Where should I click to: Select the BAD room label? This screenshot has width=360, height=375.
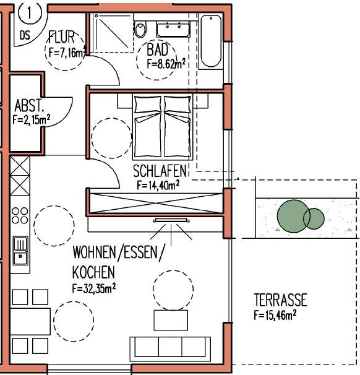coord(158,50)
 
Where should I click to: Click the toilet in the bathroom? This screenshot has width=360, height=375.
coord(141,29)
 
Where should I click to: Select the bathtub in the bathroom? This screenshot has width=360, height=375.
coord(211,41)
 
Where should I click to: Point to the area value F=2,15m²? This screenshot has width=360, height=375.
coord(30,120)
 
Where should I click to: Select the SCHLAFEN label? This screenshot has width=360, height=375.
coord(158,170)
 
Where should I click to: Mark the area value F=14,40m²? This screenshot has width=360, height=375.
coord(158,184)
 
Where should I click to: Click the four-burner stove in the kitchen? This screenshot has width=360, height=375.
coord(20,215)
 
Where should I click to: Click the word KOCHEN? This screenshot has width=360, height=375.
coord(93,272)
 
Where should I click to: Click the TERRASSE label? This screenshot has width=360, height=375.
coord(280,301)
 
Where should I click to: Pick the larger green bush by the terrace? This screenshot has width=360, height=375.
coord(291,215)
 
